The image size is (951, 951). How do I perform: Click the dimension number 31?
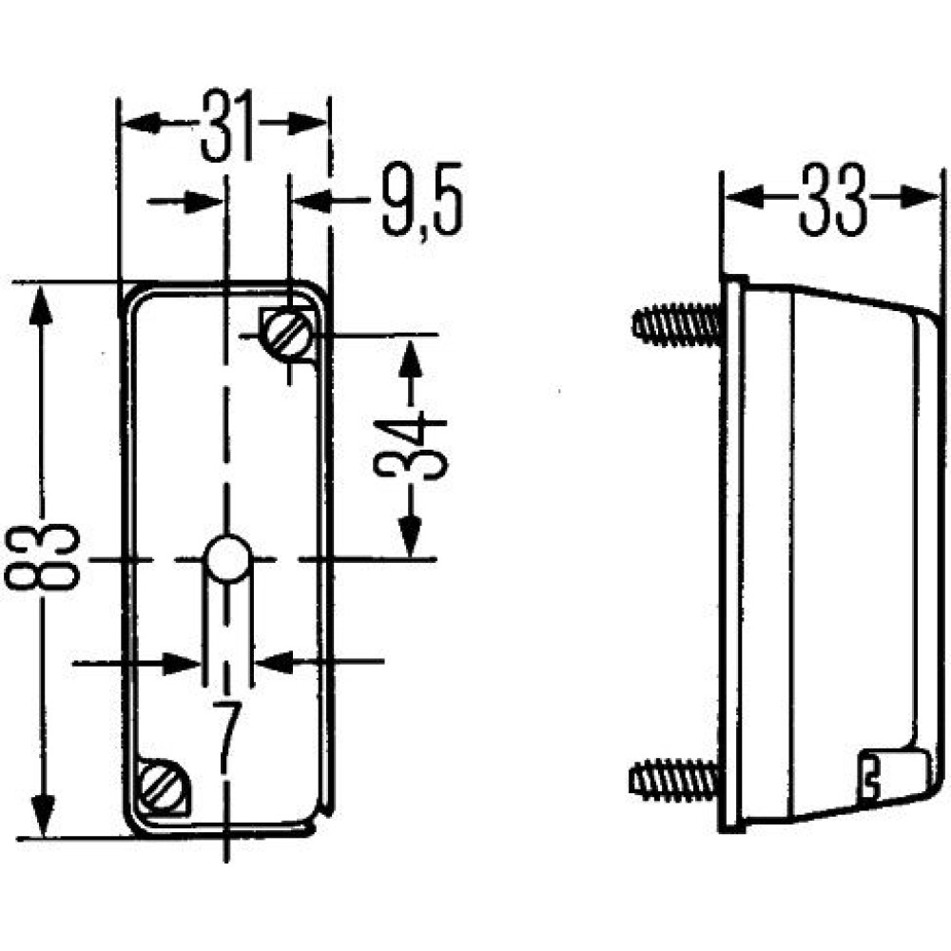(227, 126)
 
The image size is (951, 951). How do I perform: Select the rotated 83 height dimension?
(42, 556)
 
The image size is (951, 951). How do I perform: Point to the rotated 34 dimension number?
(411, 445)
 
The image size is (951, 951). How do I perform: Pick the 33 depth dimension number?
(833, 199)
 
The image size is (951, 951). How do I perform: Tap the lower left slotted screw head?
(163, 786)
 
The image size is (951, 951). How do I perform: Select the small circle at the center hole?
(228, 559)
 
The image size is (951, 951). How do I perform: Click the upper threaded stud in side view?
(675, 325)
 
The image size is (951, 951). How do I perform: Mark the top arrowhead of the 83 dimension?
(41, 306)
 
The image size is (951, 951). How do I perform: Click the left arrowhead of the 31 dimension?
(142, 123)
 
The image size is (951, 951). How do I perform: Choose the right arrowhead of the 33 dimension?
(920, 197)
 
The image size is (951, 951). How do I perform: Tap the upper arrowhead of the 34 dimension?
(411, 363)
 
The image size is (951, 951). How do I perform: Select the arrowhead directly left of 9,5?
(312, 201)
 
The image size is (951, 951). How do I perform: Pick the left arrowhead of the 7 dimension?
(181, 664)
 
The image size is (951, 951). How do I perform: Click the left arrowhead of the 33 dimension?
(746, 197)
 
